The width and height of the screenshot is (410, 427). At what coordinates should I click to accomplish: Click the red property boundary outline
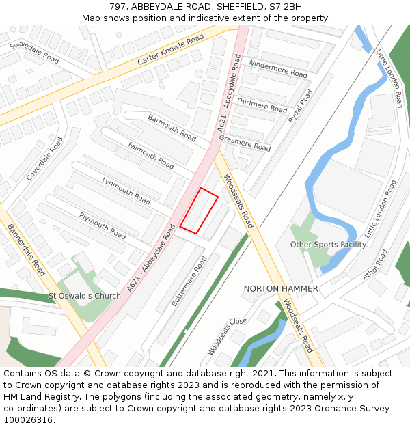point(199,211)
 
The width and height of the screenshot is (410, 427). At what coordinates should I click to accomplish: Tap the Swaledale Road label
point(34,51)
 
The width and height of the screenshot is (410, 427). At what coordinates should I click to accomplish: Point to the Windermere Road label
point(277,68)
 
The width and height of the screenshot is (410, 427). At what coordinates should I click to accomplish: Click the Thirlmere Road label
point(261,105)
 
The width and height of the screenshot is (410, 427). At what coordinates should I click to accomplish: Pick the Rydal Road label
point(300,107)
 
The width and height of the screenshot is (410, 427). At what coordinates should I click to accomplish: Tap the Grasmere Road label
point(245,143)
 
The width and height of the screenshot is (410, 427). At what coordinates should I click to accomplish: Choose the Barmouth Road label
point(172,128)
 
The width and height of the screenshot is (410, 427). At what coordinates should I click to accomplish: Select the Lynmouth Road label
point(126,191)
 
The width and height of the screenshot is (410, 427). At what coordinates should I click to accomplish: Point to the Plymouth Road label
point(102,225)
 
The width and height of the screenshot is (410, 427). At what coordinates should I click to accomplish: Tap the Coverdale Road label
point(44,159)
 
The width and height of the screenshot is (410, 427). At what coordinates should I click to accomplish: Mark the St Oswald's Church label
point(84,296)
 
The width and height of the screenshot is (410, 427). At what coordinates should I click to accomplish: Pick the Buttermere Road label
point(189,280)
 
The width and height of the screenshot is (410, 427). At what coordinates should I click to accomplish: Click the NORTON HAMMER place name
point(280,288)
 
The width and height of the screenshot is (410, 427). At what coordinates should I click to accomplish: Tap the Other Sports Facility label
point(328,244)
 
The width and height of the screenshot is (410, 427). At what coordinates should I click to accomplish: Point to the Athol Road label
point(375,263)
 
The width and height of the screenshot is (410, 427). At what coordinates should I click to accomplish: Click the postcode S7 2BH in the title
point(283,6)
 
